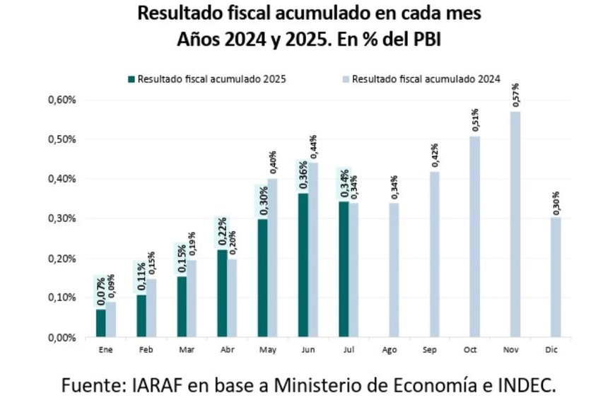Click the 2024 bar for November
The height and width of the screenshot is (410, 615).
[x=515, y=224]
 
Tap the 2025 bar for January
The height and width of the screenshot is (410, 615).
[x=101, y=323]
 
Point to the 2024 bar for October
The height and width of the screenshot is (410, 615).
[x=475, y=236]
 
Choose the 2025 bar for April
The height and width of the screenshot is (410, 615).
[x=222, y=293]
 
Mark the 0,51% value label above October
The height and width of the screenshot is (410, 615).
[x=475, y=121]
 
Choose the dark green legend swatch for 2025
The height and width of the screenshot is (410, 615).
[x=131, y=79]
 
